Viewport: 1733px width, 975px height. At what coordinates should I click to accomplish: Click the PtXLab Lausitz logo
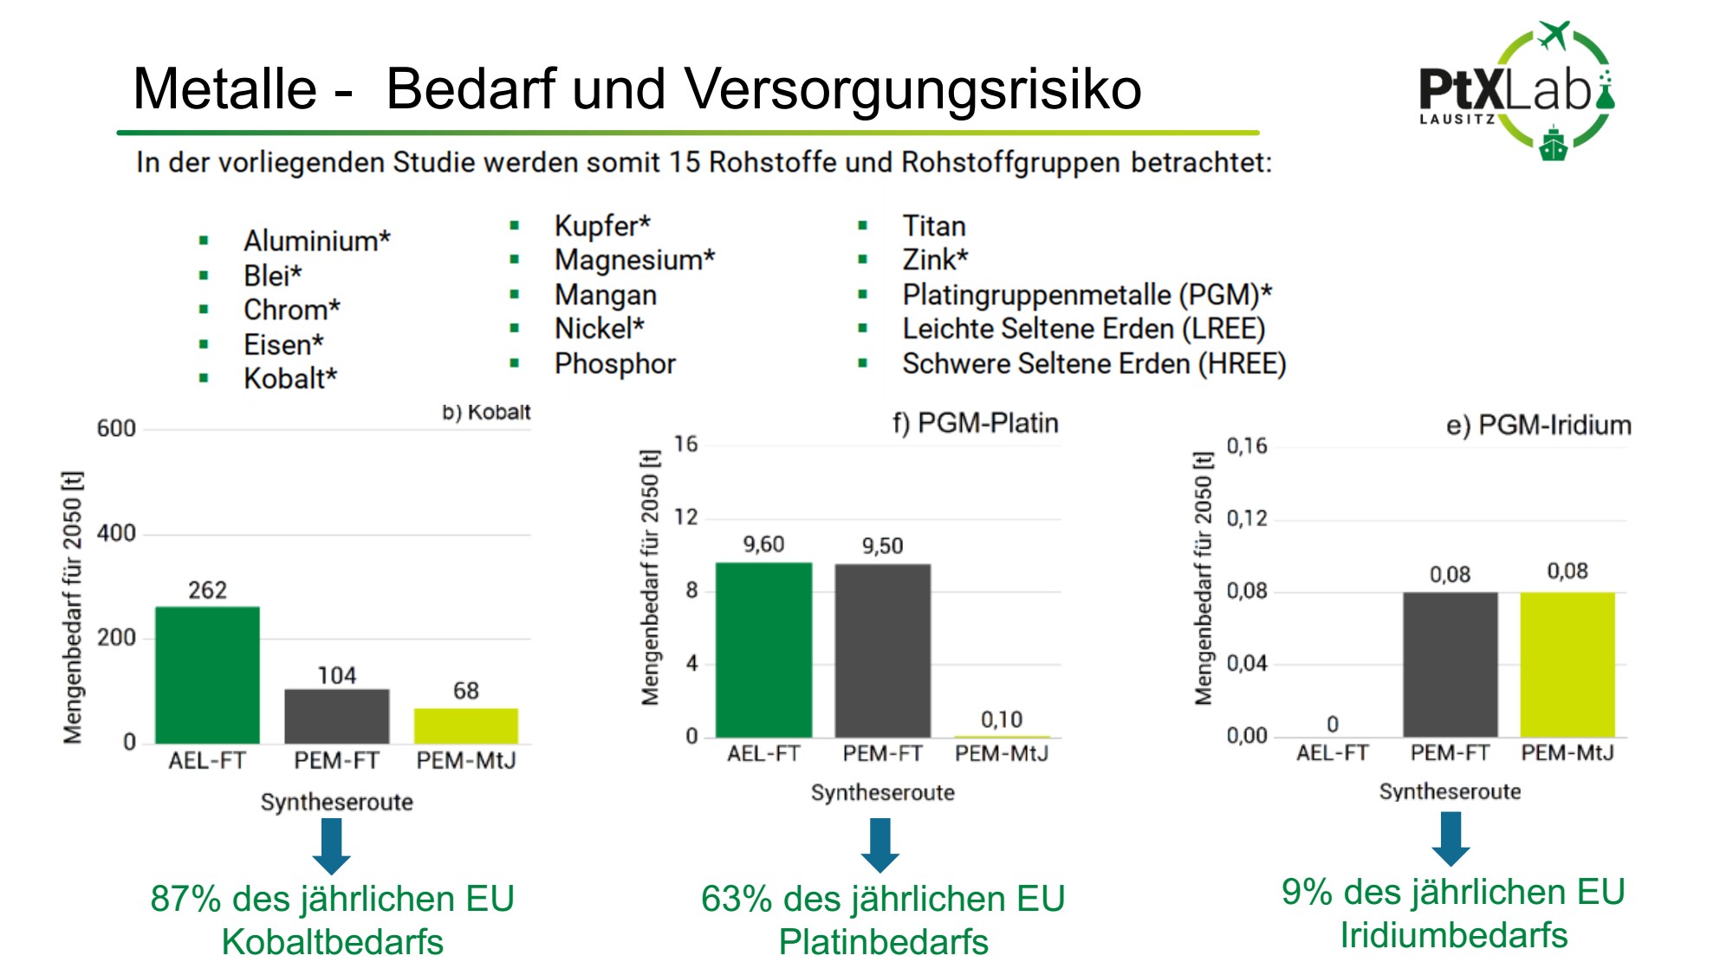point(1516,91)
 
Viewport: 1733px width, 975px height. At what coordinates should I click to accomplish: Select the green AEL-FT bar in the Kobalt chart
point(207,674)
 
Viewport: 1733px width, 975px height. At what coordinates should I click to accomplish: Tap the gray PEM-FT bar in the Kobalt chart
point(336,716)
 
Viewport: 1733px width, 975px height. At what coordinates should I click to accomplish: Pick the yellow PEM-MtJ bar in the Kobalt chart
point(465,725)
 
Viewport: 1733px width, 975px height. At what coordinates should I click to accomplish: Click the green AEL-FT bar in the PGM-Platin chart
point(763,650)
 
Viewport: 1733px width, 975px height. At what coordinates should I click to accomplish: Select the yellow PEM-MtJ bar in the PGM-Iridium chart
point(1567,665)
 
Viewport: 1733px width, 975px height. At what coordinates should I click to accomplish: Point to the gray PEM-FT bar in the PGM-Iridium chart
point(1450,665)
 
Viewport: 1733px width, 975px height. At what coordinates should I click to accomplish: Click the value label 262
point(208,590)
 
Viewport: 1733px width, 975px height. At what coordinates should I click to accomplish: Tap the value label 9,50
point(882,546)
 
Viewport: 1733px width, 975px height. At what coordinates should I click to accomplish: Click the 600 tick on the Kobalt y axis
point(116,428)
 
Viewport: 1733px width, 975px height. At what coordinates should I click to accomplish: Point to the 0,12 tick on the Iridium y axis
point(1246,518)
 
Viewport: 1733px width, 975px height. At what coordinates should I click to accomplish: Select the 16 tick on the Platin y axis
point(685,445)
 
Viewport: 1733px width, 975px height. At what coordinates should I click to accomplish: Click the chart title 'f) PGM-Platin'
point(975,423)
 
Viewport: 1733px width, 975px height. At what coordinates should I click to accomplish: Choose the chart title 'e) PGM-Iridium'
point(1538,425)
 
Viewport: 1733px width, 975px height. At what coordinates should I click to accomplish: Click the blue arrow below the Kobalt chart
point(332,845)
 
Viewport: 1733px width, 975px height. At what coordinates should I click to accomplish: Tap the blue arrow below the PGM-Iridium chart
point(1451,838)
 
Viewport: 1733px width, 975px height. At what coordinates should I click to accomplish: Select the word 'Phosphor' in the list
point(614,364)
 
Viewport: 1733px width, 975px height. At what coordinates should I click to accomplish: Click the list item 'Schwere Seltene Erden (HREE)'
point(1094,364)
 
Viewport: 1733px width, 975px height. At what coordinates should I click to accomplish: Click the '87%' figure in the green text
point(185,899)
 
